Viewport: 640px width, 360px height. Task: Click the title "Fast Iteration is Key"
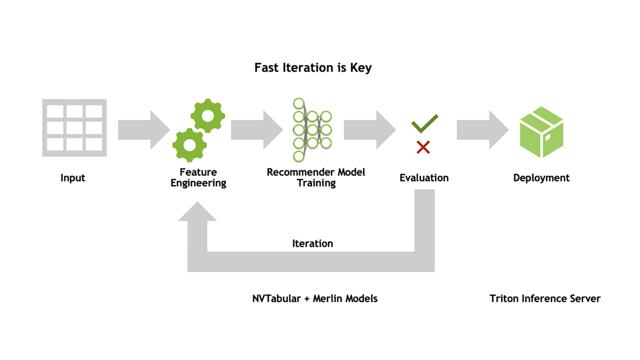313,68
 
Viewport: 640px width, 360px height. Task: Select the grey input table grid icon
74,128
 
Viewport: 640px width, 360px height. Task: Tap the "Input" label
73,178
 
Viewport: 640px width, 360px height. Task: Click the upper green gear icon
207,116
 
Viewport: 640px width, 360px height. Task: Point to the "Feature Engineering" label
198,178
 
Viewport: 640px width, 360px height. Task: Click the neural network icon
311,129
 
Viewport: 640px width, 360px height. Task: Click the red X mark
423,147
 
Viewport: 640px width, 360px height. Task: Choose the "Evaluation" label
424,178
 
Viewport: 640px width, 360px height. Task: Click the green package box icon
541,131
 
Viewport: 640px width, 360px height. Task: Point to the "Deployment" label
541,178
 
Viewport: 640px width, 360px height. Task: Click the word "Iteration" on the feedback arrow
313,244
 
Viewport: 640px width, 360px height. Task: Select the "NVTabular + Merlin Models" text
315,299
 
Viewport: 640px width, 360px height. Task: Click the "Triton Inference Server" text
545,299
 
